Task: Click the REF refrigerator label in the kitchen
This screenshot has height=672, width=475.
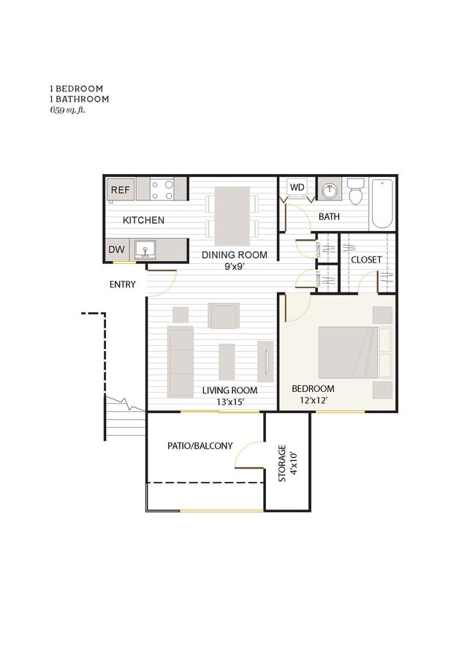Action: pos(121,190)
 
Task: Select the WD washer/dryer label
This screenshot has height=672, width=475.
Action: pos(297,187)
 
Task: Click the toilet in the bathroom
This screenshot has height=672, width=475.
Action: pos(356,192)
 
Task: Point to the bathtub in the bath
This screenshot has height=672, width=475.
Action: pos(383,203)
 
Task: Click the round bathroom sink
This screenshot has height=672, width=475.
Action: pos(330,191)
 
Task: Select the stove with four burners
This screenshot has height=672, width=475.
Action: pos(162,189)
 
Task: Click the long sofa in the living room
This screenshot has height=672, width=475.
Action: pos(180,361)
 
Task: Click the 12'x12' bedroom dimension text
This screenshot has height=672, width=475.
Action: pos(313,400)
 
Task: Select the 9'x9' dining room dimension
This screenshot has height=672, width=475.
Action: pos(235,267)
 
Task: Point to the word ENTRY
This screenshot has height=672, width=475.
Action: pos(122,284)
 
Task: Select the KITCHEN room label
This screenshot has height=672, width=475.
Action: pos(143,220)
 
